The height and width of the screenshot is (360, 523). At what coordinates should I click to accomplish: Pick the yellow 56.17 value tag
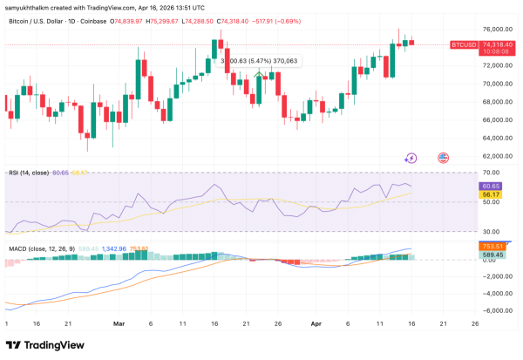490,194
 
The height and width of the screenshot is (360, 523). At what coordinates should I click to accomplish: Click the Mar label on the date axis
119,322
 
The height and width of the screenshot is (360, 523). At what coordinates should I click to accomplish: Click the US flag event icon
442,158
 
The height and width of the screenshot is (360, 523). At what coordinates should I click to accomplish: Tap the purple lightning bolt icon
411,158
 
